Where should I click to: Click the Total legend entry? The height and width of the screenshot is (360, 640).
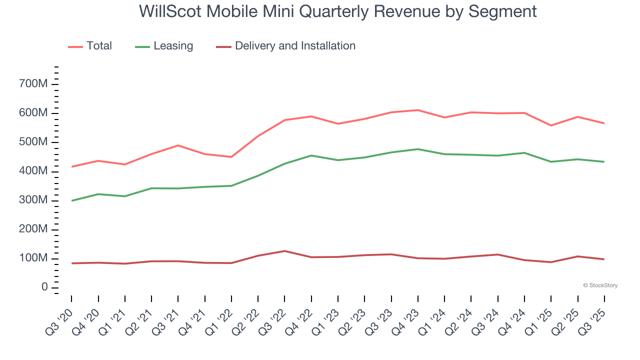tap(98, 46)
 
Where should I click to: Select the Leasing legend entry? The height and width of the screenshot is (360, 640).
tap(172, 46)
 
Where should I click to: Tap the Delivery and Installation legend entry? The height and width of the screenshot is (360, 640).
tap(294, 46)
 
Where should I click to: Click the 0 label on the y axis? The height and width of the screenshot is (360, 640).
tap(44, 287)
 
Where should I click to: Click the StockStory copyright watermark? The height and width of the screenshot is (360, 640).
tap(600, 285)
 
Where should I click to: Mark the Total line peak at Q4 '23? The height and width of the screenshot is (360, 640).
tap(418, 110)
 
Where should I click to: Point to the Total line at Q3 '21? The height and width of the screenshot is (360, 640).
tap(178, 145)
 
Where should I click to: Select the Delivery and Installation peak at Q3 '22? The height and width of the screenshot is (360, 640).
tap(284, 251)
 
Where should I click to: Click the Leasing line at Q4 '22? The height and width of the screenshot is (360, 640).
tap(311, 155)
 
